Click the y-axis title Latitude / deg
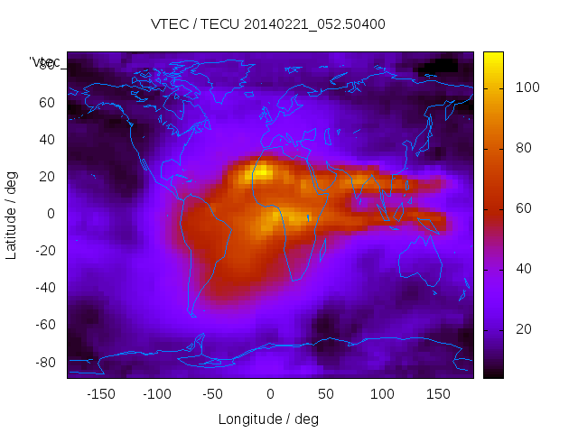click(x=12, y=214)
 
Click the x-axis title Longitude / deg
click(x=268, y=419)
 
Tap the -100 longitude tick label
click(x=156, y=394)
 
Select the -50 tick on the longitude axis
click(x=213, y=394)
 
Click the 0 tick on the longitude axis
click(x=269, y=394)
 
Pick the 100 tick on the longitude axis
click(x=382, y=394)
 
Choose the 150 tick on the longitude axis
click(x=438, y=394)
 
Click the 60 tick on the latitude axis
click(x=46, y=103)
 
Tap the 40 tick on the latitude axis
click(x=46, y=140)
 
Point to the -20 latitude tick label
click(x=43, y=251)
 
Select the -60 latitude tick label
click(x=43, y=325)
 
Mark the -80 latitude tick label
click(x=43, y=362)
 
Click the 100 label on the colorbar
click(x=527, y=88)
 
